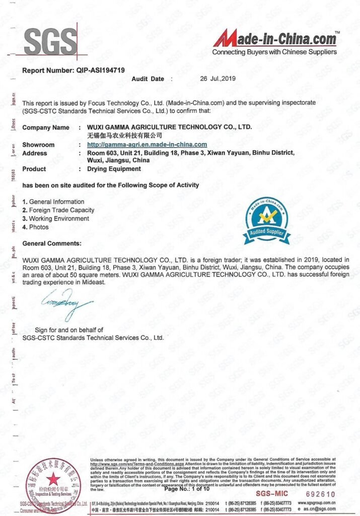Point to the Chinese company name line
[121, 136]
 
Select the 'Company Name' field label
[46, 127]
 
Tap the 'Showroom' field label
[38, 145]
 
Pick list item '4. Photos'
[36, 227]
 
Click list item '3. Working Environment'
[56, 219]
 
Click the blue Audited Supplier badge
[266, 220]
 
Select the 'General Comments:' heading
[52, 243]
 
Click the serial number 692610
[320, 494]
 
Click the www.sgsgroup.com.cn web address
[317, 503]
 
